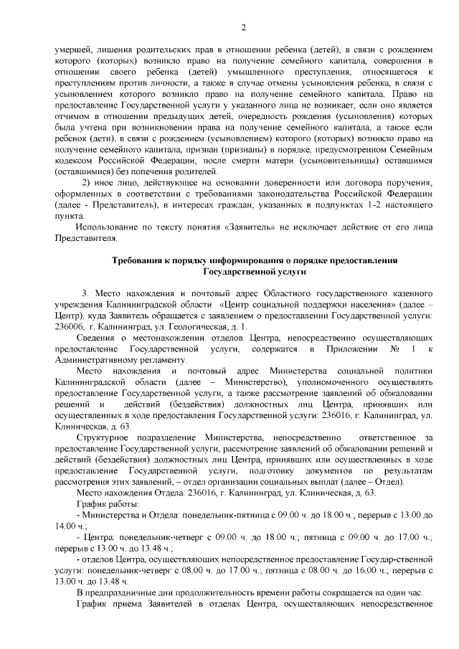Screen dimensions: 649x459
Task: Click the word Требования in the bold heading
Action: click(x=141, y=261)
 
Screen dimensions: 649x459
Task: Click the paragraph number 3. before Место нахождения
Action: click(x=86, y=294)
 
